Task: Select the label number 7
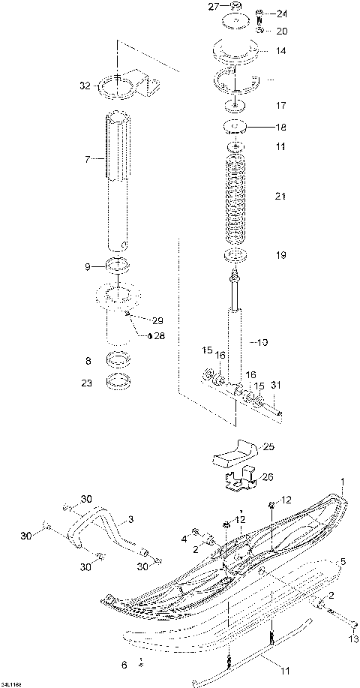click(x=87, y=160)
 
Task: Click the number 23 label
click(x=87, y=382)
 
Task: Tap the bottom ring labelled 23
click(x=118, y=383)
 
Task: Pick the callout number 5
click(x=343, y=560)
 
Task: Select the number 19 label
click(x=280, y=256)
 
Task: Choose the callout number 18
click(x=280, y=128)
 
